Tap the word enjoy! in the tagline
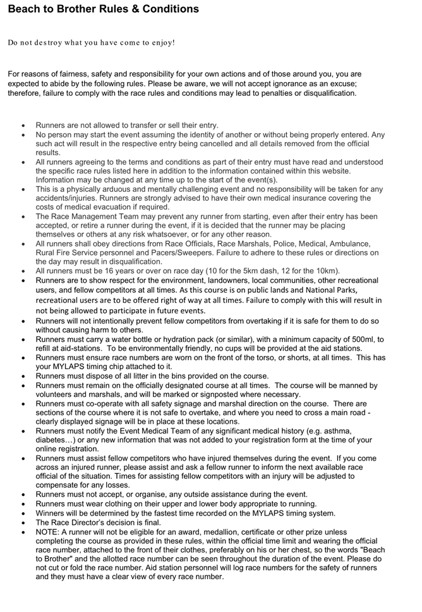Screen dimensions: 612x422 pos(162,43)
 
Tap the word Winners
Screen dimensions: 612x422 pos(52,513)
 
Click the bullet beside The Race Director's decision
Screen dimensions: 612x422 pos(23,522)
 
